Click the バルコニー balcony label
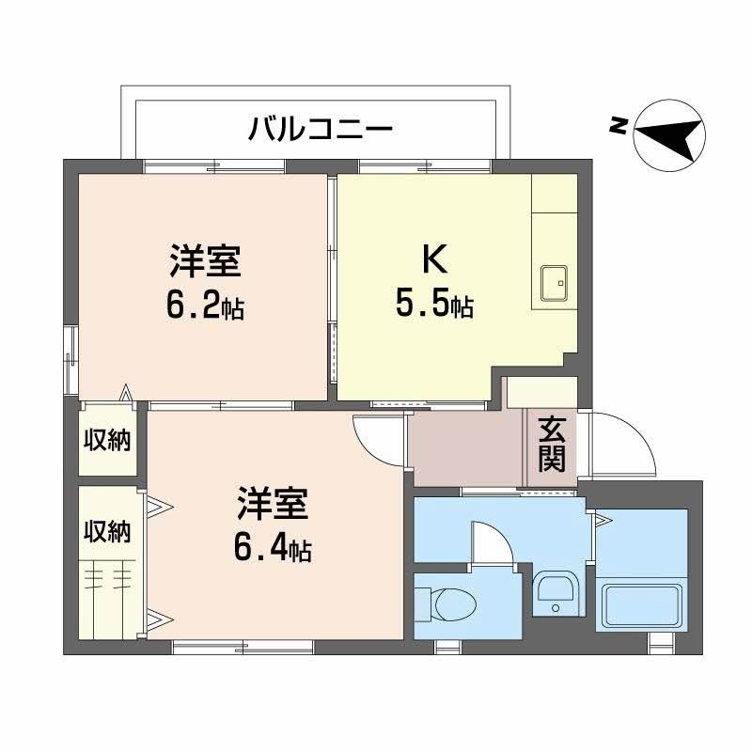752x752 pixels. coord(320,126)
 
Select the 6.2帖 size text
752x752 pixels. coord(205,305)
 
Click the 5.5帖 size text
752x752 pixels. coord(432,305)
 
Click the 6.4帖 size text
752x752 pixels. coord(273,548)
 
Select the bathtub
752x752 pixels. coord(641,603)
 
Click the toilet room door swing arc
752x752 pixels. coord(491,546)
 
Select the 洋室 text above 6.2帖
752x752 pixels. coord(205,261)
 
